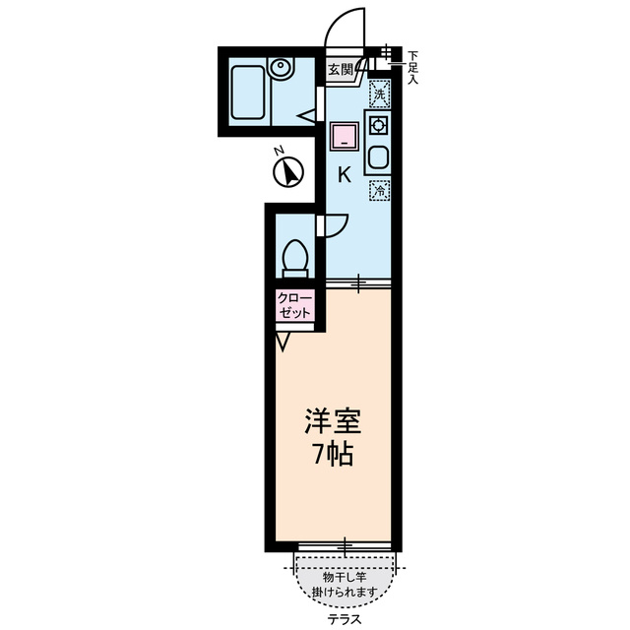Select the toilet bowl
(x=292, y=257)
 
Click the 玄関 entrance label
(x=341, y=69)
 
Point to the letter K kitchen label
(x=344, y=176)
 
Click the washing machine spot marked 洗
(x=379, y=94)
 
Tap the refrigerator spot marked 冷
(x=379, y=191)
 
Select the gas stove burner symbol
(x=378, y=125)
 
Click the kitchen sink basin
(x=378, y=157)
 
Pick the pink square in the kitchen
(x=343, y=135)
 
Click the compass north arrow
(x=287, y=173)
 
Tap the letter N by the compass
(x=279, y=151)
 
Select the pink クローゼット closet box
(x=294, y=304)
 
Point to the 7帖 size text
(x=330, y=456)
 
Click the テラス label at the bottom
(x=344, y=619)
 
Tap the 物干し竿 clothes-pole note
(x=345, y=584)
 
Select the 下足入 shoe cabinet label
(x=412, y=67)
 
